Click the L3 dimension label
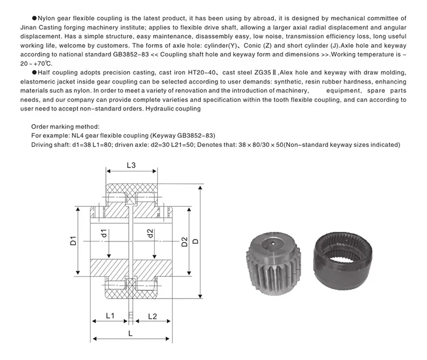130,166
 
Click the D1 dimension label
73,240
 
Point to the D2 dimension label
184,241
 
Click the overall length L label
130,334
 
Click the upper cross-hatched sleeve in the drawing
130,190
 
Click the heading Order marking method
65,126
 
